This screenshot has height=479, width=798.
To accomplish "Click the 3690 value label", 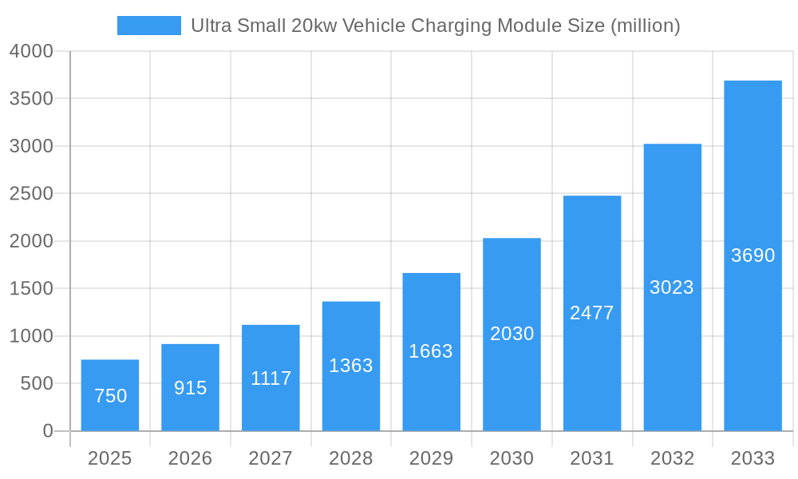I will pos(753,255).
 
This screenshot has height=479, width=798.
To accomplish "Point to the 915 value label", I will pos(191,388).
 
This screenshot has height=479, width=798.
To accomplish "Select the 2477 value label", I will pos(592,313).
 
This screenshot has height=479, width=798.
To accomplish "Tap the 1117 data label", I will pos(271,378).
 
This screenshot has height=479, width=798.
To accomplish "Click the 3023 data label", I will pos(672,287).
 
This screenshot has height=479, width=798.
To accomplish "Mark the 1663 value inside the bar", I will pos(431,351).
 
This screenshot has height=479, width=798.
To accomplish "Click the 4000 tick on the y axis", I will pos(31,51).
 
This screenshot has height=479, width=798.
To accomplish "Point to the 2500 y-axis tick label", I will pos(31,194).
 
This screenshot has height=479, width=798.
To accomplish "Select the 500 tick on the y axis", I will pos(37,384).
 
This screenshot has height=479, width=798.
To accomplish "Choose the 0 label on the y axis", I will pos(48,431).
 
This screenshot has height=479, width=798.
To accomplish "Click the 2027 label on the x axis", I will pos(271,458).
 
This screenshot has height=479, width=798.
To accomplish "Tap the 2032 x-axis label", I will pos(672,458).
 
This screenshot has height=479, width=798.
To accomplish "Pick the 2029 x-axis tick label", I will pos(431,458).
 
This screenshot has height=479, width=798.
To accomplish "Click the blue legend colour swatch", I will pos(149,26).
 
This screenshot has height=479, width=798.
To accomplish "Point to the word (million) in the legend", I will pos(645,26).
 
